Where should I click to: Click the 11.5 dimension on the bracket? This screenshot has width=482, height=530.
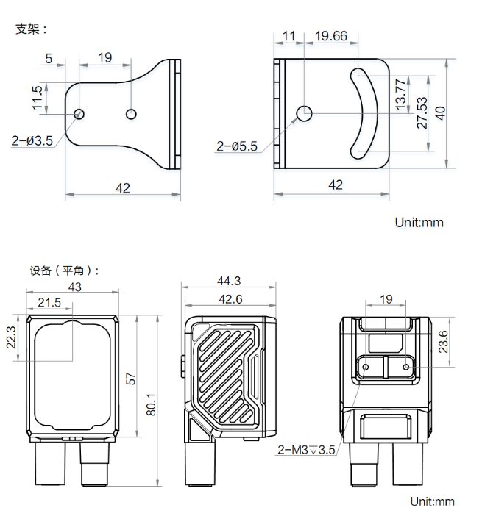pyautogui.click(x=37, y=98)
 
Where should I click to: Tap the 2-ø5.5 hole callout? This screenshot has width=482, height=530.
pyautogui.click(x=237, y=146)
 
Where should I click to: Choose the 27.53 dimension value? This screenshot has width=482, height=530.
pyautogui.click(x=422, y=112)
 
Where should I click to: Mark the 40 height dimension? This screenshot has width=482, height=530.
pyautogui.click(x=440, y=112)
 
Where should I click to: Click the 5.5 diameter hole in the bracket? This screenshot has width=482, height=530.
pyautogui.click(x=305, y=112)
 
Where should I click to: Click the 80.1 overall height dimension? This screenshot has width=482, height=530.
pyautogui.click(x=151, y=401)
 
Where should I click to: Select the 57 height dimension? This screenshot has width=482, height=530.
pyautogui.click(x=131, y=379)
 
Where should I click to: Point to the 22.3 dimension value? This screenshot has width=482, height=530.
pyautogui.click(x=10, y=339)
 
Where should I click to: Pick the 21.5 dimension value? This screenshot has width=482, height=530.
pyautogui.click(x=49, y=303)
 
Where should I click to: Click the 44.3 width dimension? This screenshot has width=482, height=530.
pyautogui.click(x=229, y=281)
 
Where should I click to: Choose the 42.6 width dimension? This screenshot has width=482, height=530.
pyautogui.click(x=229, y=299)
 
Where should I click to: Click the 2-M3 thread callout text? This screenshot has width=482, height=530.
pyautogui.click(x=306, y=450)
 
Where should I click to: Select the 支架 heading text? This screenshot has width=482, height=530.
pyautogui.click(x=31, y=29)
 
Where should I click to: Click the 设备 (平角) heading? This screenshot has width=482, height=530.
pyautogui.click(x=64, y=270)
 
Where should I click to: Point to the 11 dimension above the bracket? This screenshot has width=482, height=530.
pyautogui.click(x=288, y=36)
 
